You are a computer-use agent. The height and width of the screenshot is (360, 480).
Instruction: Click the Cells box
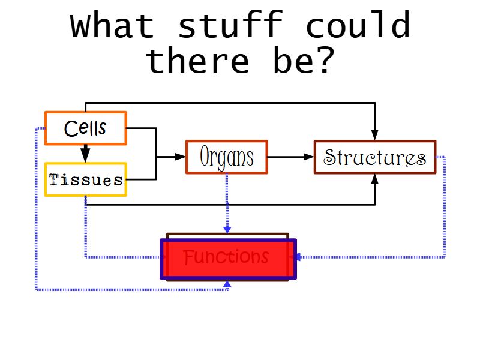point(86,128)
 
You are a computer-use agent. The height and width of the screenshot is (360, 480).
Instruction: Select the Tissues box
point(86,179)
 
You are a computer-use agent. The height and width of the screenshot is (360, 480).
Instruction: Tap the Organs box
point(227,157)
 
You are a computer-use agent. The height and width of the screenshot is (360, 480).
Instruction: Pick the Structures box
point(375,157)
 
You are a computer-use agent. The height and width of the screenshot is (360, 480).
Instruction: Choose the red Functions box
point(228,259)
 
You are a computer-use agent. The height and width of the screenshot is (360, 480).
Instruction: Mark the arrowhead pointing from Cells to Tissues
point(86,157)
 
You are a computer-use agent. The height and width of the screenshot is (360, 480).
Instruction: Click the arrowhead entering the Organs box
point(181,157)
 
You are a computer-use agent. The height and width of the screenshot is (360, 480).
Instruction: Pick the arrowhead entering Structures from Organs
point(309,157)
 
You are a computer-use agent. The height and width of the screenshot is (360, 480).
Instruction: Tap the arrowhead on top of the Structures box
point(375,135)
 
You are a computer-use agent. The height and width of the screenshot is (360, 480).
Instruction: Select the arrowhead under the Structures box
point(375,179)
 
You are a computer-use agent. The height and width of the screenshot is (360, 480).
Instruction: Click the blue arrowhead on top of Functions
point(227,229)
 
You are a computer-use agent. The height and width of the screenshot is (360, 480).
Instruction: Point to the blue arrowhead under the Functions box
point(227,284)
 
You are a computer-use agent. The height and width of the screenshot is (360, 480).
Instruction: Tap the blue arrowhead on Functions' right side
point(296,257)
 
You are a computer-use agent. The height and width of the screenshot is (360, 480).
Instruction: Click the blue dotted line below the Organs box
point(227,201)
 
